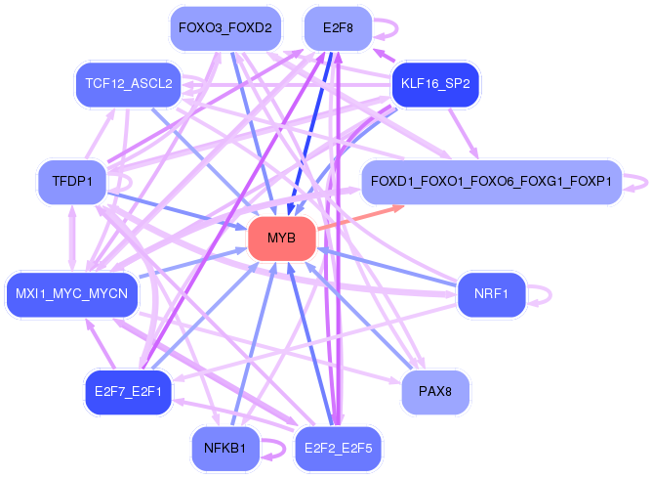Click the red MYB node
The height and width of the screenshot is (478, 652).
click(282, 239)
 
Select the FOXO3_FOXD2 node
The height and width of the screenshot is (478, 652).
click(225, 28)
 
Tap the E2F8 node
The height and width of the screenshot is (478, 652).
click(338, 28)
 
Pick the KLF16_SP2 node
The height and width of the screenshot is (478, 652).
click(435, 84)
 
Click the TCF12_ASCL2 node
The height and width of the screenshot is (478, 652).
click(129, 84)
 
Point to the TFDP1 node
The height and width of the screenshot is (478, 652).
click(72, 182)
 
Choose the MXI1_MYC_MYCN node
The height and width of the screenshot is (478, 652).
click(71, 294)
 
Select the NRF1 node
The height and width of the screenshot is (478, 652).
click(491, 294)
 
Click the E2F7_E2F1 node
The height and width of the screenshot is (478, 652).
click(128, 392)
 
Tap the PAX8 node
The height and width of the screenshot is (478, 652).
click(435, 392)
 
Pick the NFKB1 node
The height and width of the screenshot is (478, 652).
click(225, 449)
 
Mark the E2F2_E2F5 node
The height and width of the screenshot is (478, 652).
click(338, 449)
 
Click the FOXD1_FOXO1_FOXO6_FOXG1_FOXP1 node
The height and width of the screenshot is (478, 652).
click(492, 182)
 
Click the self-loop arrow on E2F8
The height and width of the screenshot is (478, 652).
click(397, 28)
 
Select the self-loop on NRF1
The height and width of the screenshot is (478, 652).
click(550, 295)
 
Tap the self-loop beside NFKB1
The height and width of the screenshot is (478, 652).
click(285, 449)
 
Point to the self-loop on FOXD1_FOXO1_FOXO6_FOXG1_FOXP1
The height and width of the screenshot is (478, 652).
click(647, 183)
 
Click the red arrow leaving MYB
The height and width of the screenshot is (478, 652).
click(360, 217)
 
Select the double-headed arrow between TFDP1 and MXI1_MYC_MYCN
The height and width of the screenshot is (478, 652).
click(72, 239)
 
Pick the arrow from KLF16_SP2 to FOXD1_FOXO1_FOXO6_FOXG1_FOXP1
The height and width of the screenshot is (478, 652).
click(464, 133)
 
